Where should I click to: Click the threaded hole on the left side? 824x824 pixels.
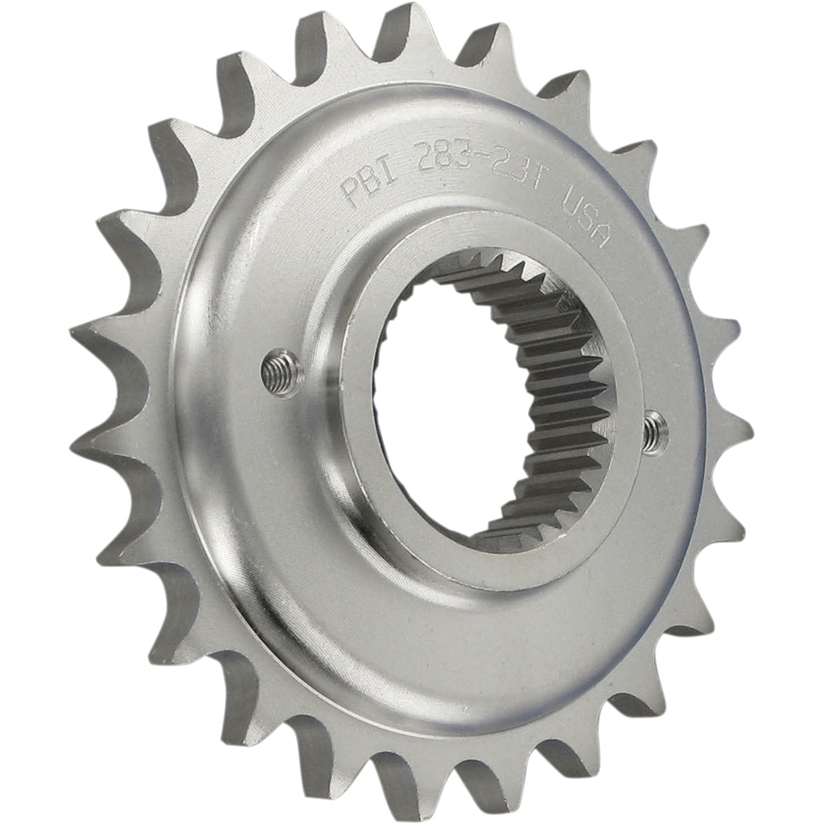click(282, 373)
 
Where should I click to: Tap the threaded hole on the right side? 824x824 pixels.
click(654, 432)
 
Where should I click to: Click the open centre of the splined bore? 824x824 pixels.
click(451, 402)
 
